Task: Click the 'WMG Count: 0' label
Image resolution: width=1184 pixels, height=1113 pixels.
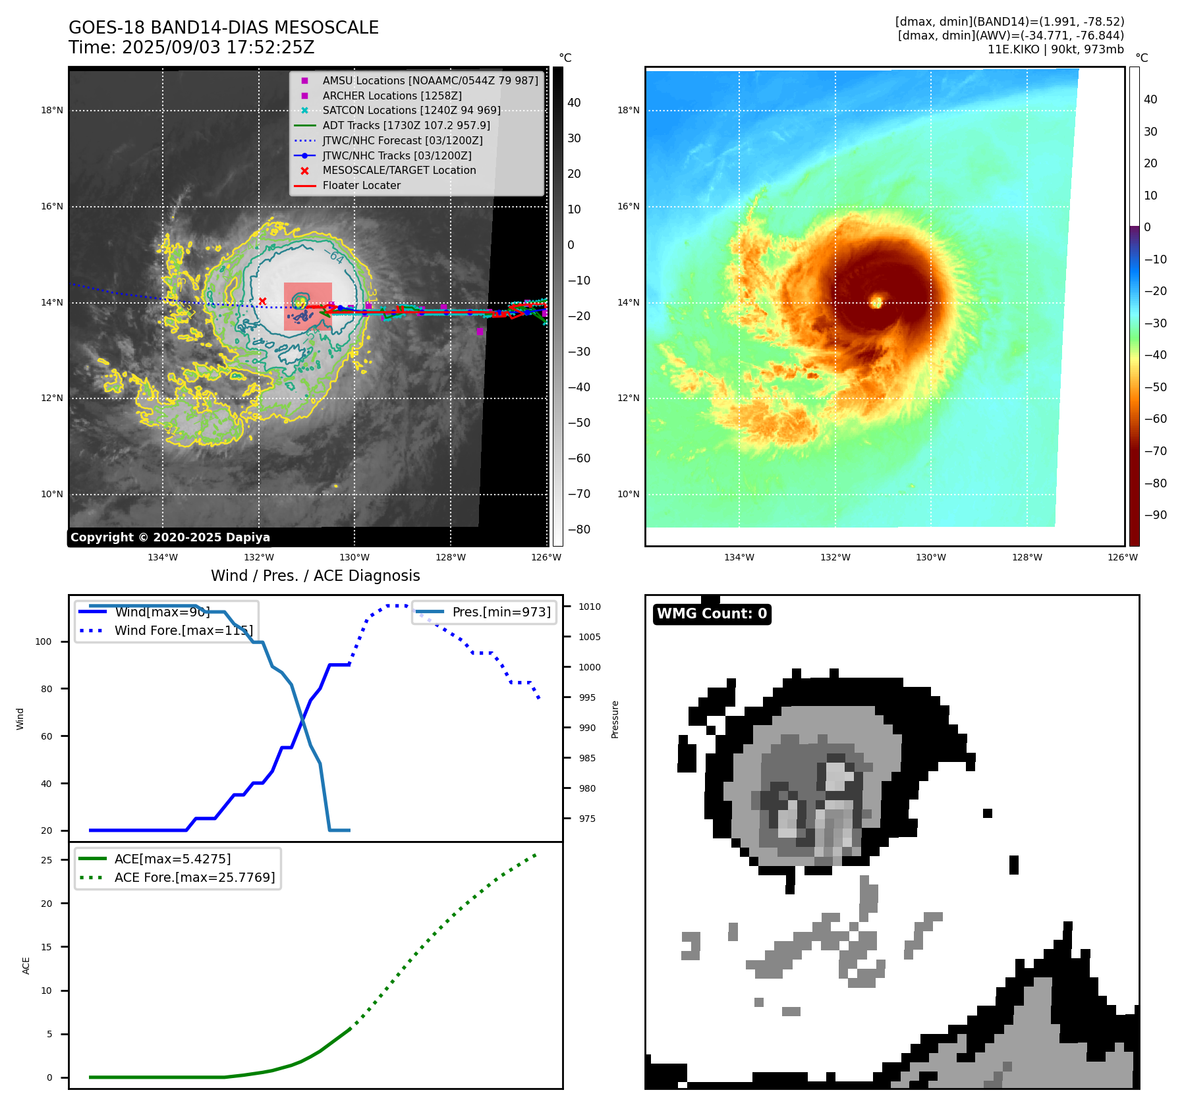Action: (712, 614)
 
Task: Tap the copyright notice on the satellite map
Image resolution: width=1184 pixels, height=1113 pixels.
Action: (170, 537)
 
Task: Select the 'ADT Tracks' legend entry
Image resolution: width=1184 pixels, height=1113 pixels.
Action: (406, 125)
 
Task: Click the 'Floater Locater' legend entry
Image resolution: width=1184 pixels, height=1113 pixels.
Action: (361, 186)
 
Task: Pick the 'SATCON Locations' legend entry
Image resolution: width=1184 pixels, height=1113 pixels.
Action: (411, 111)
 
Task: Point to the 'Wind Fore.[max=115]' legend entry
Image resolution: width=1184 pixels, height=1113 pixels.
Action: (183, 631)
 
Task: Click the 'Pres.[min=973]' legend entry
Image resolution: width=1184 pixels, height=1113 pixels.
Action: (501, 612)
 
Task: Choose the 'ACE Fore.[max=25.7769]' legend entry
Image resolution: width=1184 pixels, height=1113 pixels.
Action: (194, 878)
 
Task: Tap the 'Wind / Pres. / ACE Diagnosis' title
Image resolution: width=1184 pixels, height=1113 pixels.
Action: (315, 576)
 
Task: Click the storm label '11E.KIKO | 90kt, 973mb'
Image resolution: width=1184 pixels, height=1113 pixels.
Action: (1056, 49)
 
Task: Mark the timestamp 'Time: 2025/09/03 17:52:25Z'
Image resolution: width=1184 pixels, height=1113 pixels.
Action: (191, 48)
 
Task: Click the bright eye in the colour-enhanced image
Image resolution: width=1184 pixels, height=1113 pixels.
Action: (876, 302)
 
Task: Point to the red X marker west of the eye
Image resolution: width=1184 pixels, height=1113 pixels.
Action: (262, 302)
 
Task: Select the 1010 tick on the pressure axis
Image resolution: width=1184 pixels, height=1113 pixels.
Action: (589, 607)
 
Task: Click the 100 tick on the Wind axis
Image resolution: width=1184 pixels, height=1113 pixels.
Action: (43, 642)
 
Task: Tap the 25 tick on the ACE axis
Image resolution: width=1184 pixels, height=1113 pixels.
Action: (46, 860)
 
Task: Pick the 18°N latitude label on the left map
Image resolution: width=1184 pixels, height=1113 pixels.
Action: (52, 111)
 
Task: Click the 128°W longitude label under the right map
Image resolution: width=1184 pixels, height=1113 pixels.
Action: (1027, 558)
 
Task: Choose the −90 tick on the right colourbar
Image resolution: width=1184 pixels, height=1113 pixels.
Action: (1155, 515)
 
